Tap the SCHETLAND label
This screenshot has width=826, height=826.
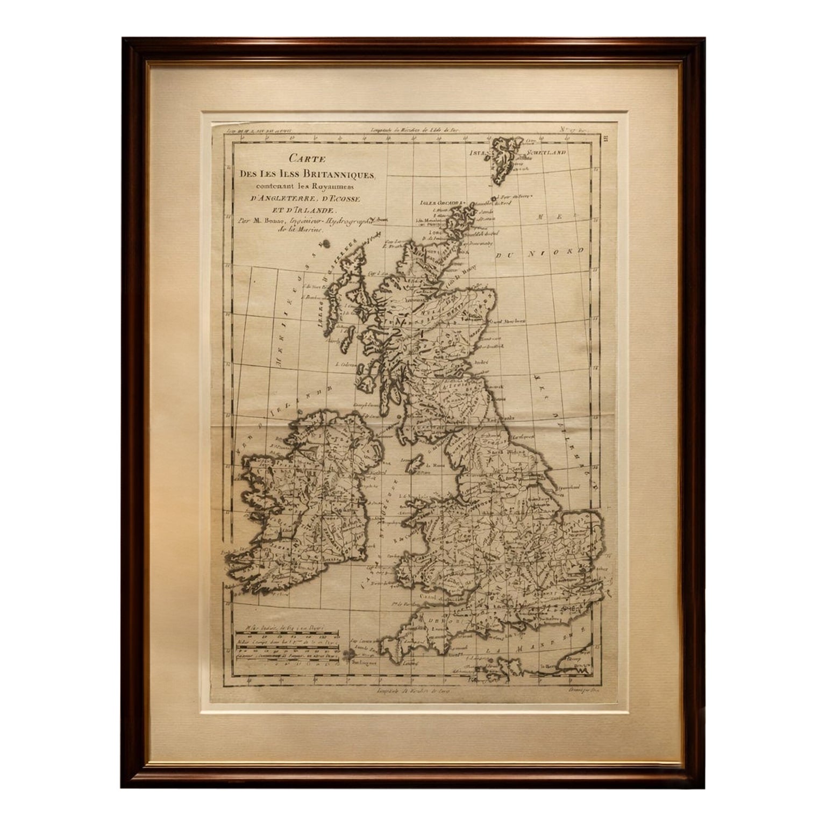(547, 152)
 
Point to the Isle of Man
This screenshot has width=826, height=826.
(414, 465)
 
